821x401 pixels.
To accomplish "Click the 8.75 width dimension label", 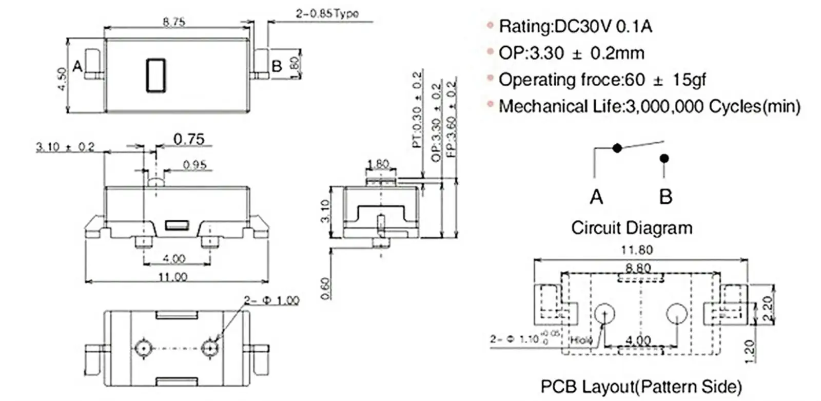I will pyautogui.click(x=174, y=22).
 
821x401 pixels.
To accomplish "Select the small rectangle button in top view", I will pyautogui.click(x=156, y=75).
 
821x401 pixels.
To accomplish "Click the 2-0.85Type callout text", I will pyautogui.click(x=327, y=13).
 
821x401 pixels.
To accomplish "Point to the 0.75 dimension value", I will pyautogui.click(x=189, y=139).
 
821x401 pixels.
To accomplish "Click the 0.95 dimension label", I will pyautogui.click(x=194, y=164).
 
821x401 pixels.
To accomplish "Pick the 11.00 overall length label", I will pyautogui.click(x=172, y=277).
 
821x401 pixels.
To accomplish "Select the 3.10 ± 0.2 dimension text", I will pyautogui.click(x=65, y=147).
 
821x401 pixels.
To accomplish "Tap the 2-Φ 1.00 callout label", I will pyautogui.click(x=271, y=300).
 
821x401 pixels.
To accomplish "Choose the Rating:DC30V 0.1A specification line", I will pyautogui.click(x=575, y=26).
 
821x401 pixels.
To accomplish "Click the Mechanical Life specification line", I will pyautogui.click(x=649, y=106).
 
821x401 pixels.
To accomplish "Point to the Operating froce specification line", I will pyautogui.click(x=602, y=80).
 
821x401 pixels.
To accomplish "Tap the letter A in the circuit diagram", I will pyautogui.click(x=596, y=197).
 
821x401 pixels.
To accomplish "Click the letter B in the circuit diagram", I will pyautogui.click(x=666, y=197).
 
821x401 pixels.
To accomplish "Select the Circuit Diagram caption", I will pyautogui.click(x=632, y=227).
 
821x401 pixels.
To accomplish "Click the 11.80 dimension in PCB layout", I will pyautogui.click(x=636, y=250).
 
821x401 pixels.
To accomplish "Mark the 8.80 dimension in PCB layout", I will pyautogui.click(x=638, y=268).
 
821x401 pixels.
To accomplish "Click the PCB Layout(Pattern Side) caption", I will pyautogui.click(x=641, y=386).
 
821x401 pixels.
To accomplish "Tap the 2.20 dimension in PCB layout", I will pyautogui.click(x=768, y=308).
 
